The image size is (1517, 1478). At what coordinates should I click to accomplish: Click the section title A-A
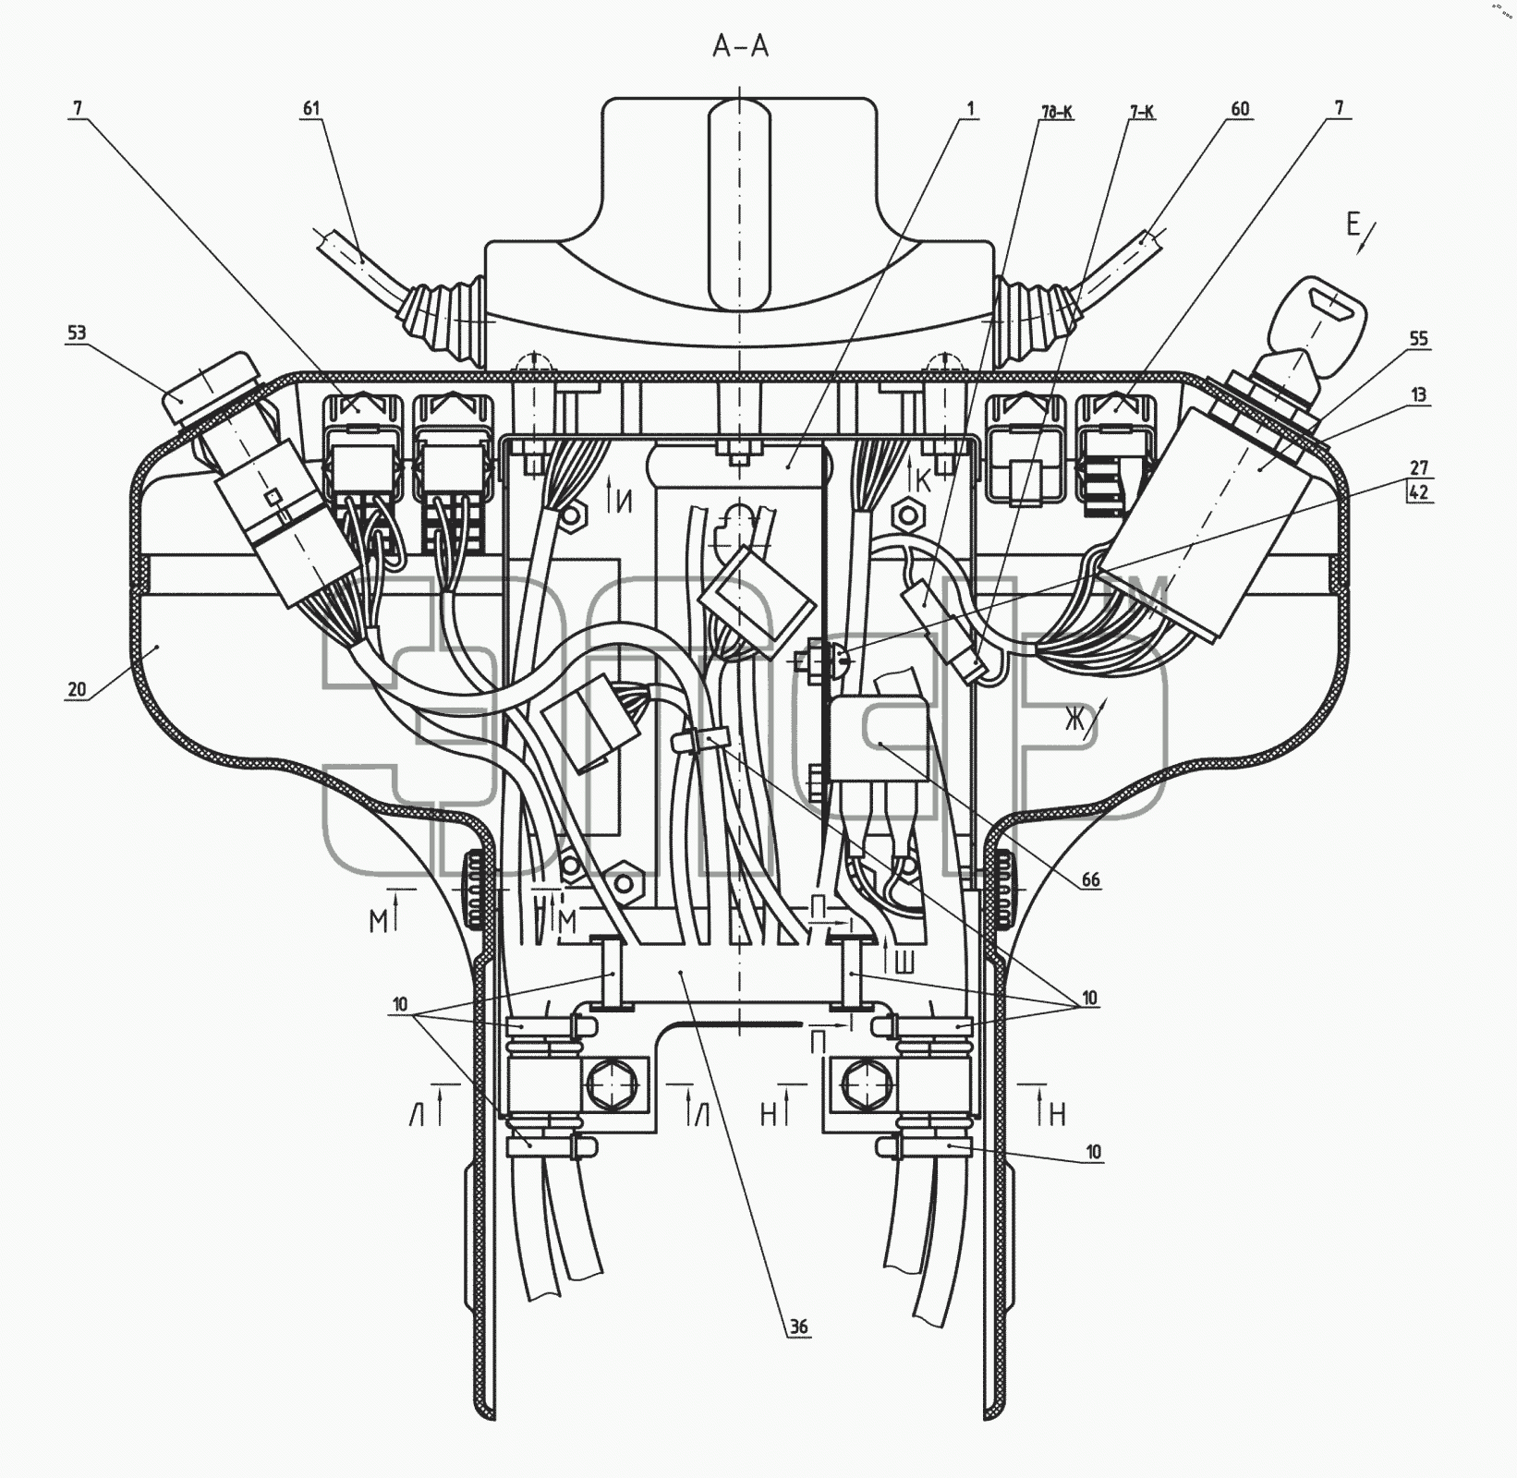740,46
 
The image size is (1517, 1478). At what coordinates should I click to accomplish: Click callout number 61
311,108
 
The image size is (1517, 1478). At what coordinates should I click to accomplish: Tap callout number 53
77,333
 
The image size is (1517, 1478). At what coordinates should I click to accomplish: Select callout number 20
77,688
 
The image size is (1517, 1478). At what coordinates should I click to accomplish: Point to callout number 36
799,1327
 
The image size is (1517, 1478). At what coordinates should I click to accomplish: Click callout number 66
1091,879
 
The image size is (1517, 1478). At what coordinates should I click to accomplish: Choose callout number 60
1240,109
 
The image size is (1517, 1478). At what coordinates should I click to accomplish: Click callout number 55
1419,339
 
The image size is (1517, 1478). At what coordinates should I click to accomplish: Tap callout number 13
1419,394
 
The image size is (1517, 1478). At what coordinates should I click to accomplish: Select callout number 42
1419,491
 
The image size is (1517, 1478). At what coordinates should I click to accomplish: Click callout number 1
970,109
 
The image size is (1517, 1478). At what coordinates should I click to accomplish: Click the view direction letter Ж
1074,719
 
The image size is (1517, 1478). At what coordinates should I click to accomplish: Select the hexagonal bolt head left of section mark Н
865,1082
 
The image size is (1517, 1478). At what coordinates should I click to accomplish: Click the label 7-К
1141,113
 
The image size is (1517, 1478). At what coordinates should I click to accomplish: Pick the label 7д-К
1056,113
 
